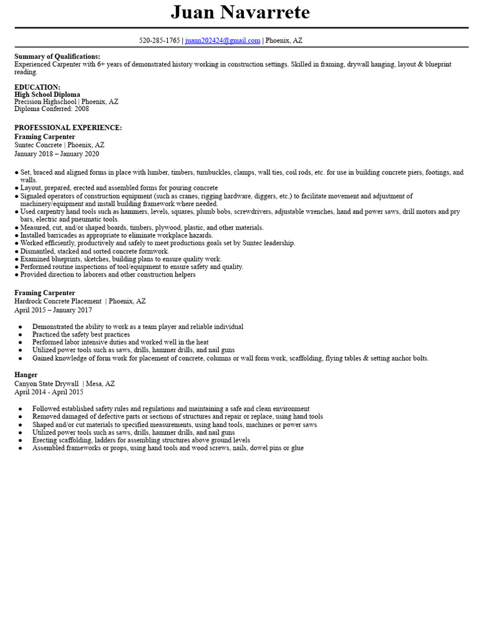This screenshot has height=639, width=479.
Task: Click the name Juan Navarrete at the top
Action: click(x=240, y=12)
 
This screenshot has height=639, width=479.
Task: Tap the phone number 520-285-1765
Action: click(x=160, y=41)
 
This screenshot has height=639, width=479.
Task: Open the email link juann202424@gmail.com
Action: click(x=223, y=41)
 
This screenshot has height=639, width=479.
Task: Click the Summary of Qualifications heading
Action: click(x=57, y=57)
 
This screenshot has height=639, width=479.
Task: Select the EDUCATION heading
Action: click(x=37, y=87)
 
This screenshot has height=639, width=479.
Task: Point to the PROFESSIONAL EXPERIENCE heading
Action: click(x=68, y=128)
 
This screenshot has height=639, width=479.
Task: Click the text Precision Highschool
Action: click(x=46, y=102)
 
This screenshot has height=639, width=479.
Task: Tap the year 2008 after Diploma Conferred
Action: click(x=82, y=109)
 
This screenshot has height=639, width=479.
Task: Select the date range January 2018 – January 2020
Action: click(x=57, y=154)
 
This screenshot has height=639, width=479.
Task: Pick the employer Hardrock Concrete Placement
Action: click(x=58, y=301)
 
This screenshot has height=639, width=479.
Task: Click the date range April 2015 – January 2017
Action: click(x=53, y=310)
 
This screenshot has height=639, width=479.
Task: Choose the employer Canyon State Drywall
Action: click(x=47, y=384)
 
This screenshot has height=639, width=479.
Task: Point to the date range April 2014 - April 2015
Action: click(x=49, y=392)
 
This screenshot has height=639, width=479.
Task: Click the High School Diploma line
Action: click(x=47, y=95)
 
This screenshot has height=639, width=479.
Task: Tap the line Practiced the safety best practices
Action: click(x=81, y=334)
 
